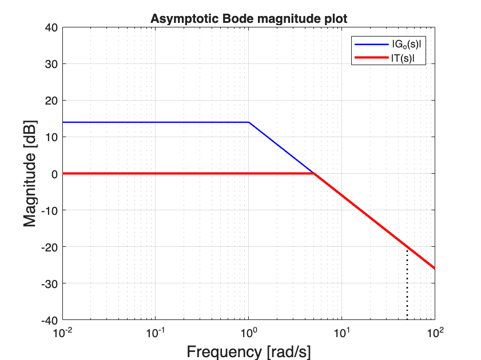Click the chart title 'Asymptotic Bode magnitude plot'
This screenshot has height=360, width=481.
pos(249,19)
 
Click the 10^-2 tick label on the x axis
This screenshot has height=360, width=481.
pos(63,332)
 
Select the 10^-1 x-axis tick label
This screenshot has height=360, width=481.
pos(156,332)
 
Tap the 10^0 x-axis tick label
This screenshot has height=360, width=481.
pos(249,332)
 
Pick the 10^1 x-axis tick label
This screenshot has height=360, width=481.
pos(342,332)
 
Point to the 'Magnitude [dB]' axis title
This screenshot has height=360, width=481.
pos(30,173)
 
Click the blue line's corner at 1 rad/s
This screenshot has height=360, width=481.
pos(249,122)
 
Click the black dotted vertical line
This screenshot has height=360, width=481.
pos(407,286)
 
